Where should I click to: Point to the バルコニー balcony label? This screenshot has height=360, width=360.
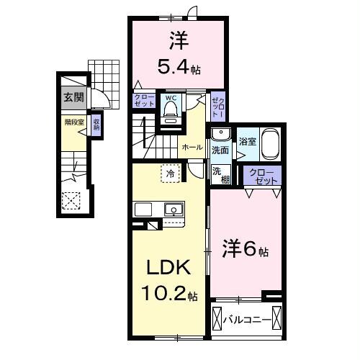(246, 318)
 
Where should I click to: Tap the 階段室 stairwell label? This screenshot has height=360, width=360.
(72, 122)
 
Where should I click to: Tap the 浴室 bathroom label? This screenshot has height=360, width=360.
(246, 142)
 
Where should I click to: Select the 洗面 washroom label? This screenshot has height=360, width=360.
(220, 150)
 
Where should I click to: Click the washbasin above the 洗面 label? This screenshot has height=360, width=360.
(220, 135)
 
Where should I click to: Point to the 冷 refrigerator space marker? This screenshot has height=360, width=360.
(169, 173)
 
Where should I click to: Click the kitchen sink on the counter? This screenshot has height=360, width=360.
(173, 210)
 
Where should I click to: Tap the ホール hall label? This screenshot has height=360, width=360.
(192, 146)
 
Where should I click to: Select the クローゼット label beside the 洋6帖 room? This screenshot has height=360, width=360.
(260, 176)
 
